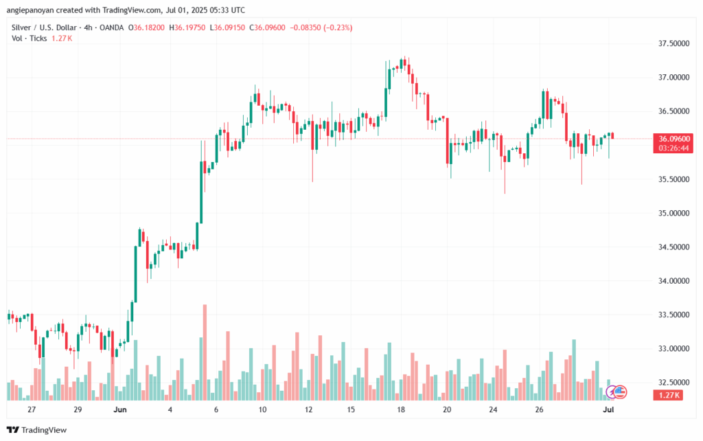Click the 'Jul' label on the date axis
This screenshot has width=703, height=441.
pyautogui.click(x=609, y=409)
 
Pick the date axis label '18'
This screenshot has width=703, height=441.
pyautogui.click(x=401, y=409)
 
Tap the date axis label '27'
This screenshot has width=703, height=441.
pyautogui.click(x=31, y=409)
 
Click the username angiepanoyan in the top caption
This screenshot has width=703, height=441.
pyautogui.click(x=34, y=9)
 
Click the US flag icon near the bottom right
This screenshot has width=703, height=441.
pyautogui.click(x=620, y=392)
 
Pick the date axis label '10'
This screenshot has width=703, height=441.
pyautogui.click(x=262, y=409)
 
